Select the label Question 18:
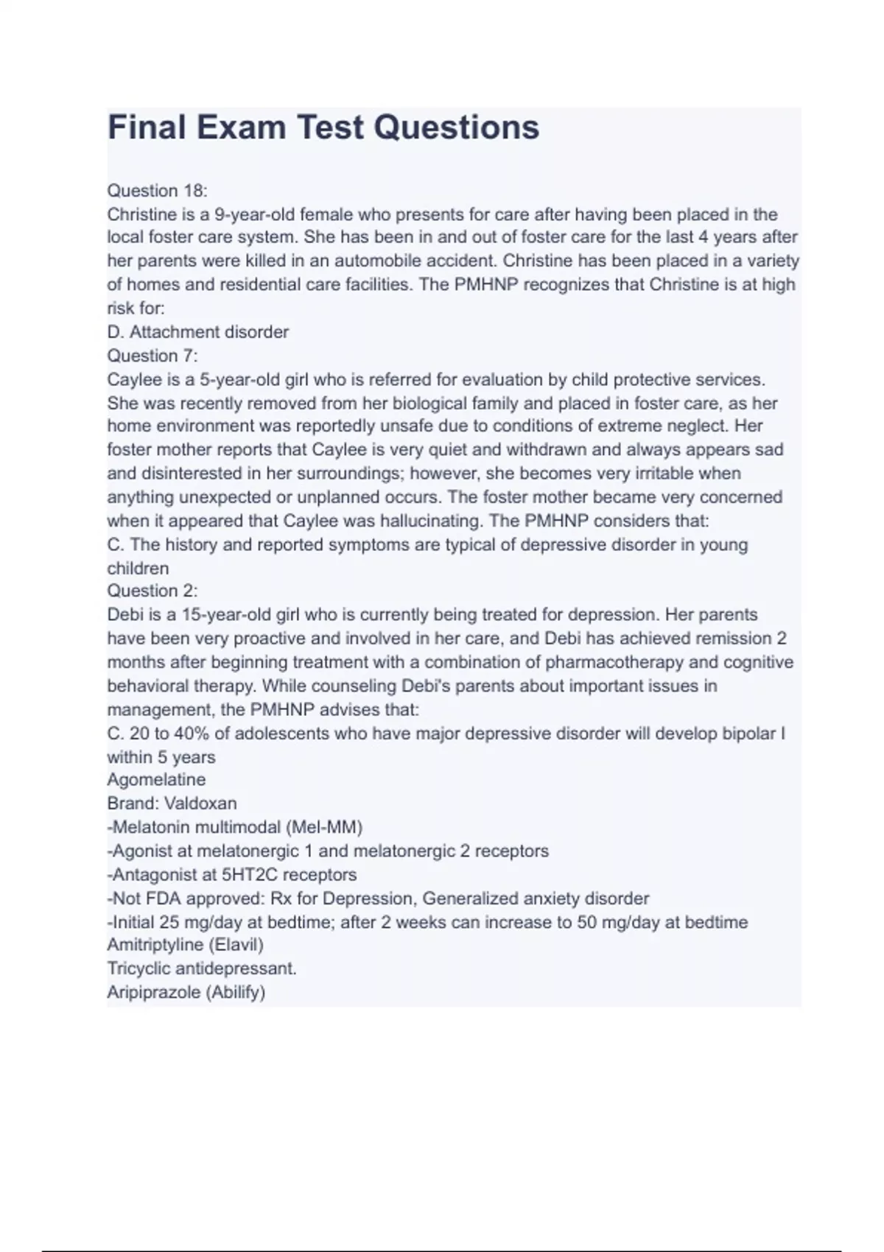tap(158, 191)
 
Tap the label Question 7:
tap(152, 356)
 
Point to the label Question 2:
tap(152, 591)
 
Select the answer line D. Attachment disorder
tap(198, 332)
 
